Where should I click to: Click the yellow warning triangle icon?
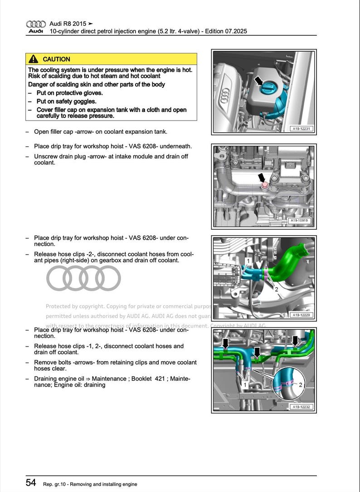click(x=33, y=59)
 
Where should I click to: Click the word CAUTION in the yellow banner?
click(x=56, y=59)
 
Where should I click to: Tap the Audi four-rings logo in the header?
click(x=36, y=24)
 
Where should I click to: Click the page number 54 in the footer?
click(x=31, y=483)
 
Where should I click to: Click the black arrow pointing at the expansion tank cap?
click(x=258, y=81)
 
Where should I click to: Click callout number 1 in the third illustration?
click(x=248, y=261)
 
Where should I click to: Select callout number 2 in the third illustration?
click(x=276, y=289)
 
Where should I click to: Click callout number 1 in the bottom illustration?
click(x=245, y=385)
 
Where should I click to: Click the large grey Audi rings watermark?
click(x=83, y=278)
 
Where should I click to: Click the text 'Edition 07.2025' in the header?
click(x=226, y=31)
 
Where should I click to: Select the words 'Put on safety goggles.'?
click(x=66, y=101)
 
